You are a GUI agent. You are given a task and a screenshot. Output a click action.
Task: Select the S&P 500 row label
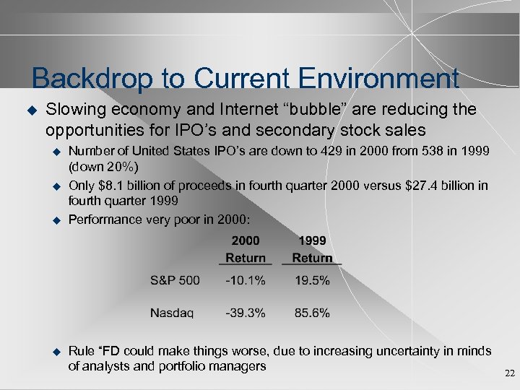(175, 280)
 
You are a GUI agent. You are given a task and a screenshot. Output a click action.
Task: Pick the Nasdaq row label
(172, 313)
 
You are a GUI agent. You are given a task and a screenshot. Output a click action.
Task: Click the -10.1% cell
(245, 280)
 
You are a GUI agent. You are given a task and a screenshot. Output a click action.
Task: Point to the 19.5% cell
(312, 280)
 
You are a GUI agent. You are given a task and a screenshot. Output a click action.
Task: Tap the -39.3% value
(245, 313)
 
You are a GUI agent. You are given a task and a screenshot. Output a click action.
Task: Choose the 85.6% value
(312, 313)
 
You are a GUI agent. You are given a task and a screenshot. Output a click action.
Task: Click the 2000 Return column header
(246, 249)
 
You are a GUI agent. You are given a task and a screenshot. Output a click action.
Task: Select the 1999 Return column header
(312, 249)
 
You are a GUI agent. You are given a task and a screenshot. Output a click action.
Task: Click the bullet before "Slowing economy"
(30, 110)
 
